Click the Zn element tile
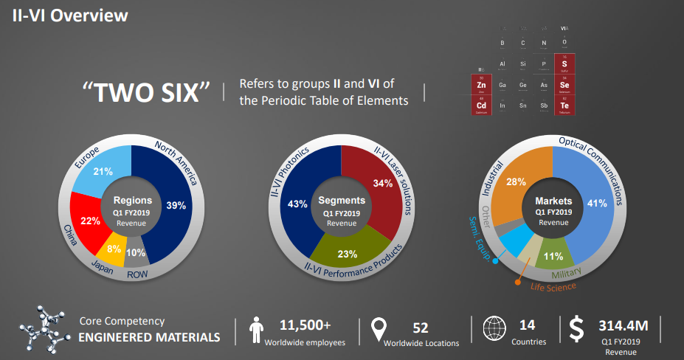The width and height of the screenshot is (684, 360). coord(481,85)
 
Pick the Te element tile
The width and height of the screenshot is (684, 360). coord(564,105)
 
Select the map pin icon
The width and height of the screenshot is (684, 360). coord(379,329)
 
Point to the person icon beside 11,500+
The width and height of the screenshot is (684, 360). coord(257,329)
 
